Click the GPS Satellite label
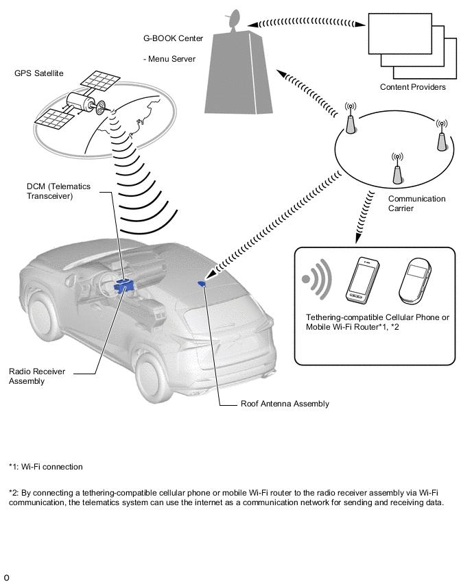(39, 73)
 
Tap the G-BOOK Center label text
(173, 38)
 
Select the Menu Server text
(172, 59)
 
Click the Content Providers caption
(413, 87)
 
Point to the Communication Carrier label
(417, 204)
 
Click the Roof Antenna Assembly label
(285, 404)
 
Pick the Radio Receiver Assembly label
(37, 376)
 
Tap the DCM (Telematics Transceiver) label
(58, 191)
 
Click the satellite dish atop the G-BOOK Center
(233, 19)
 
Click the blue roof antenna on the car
(202, 284)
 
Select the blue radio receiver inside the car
(123, 286)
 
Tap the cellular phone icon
(362, 280)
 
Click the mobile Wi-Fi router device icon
(415, 281)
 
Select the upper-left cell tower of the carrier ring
(350, 118)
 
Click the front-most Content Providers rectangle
(400, 34)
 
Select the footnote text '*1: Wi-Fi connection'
(46, 467)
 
